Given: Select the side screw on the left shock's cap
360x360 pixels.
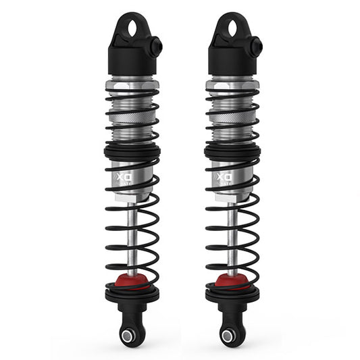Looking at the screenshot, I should click(157, 47).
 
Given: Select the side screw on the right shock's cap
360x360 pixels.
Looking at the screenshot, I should click(257, 47).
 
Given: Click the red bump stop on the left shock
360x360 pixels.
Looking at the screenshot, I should click(132, 280).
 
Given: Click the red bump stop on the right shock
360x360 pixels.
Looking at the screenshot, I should click(232, 280).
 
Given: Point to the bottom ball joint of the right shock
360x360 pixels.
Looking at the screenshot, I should click(228, 335).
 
